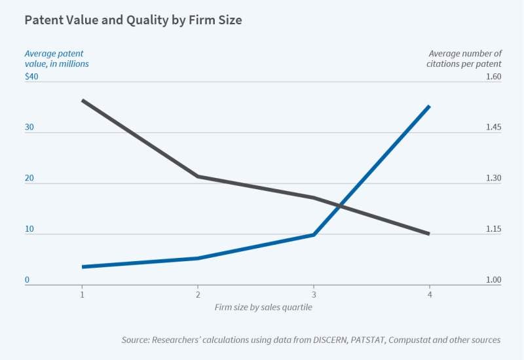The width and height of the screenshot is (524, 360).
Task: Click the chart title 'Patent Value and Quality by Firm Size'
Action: point(133,20)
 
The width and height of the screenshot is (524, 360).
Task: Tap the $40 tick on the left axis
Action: point(32,77)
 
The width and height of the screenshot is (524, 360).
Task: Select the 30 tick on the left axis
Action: point(29,128)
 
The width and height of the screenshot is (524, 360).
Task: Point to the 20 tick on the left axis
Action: point(29,179)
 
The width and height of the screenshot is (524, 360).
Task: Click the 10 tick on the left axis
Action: point(29,230)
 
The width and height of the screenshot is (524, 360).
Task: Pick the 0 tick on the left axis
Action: point(27,281)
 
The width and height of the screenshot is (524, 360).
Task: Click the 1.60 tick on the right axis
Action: point(493,77)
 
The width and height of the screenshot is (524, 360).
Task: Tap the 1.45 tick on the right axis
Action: point(493,128)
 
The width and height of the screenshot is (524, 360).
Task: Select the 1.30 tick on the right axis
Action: point(493,179)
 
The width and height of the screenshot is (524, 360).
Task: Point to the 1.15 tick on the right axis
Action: point(493,230)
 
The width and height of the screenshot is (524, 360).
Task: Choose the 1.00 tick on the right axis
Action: point(493,281)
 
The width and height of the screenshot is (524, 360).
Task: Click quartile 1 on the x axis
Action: point(82,295)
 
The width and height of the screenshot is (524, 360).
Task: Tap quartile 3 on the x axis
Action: point(313,295)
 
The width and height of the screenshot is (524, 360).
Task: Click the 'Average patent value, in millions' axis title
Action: point(56,58)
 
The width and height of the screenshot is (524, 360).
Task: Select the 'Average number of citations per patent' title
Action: point(464,58)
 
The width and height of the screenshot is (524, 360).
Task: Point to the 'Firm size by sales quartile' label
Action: point(263,307)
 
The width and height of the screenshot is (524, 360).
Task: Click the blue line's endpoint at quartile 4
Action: point(429,106)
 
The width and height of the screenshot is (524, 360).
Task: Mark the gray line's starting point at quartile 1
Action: point(82,100)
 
